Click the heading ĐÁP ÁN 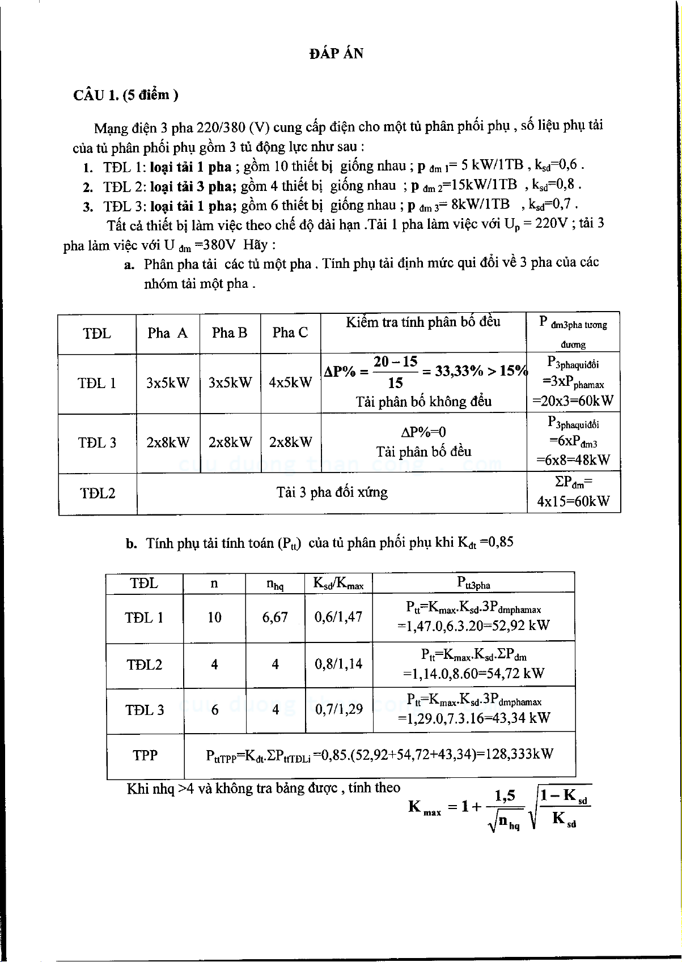[337, 54]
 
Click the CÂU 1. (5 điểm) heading [125, 95]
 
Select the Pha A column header [167, 333]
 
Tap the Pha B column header [230, 333]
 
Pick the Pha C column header [290, 333]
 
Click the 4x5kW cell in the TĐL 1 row [290, 382]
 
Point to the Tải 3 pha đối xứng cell [332, 492]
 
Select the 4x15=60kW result [573, 501]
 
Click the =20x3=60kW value [573, 401]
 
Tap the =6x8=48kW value [573, 460]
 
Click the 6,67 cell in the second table [275, 618]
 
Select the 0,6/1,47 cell [338, 618]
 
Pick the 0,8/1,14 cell [338, 664]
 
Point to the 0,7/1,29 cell [338, 709]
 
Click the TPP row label [145, 755]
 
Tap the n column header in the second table [214, 583]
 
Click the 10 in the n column [214, 618]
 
